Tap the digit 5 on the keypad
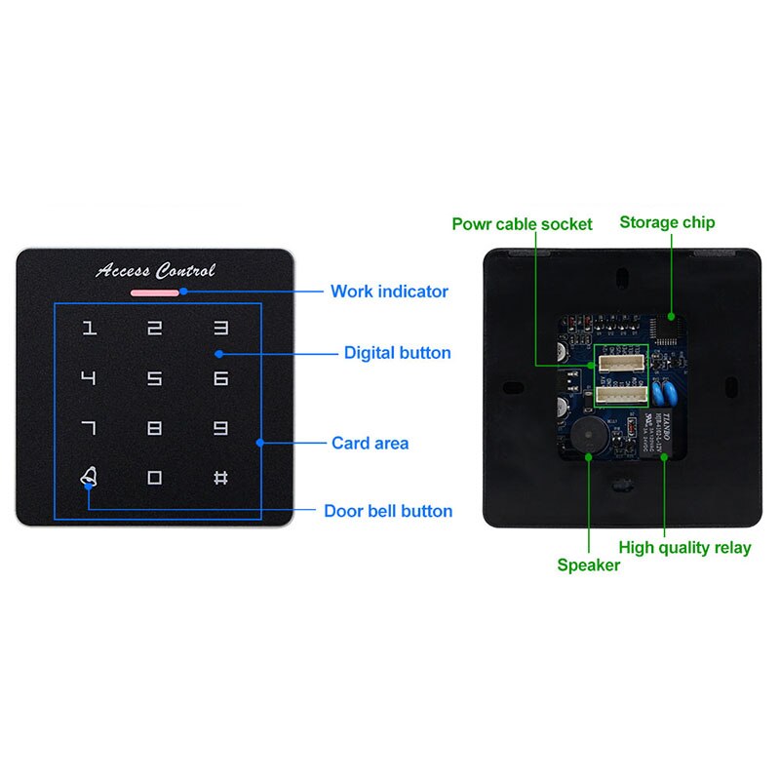[x=154, y=378]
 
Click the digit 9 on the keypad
[x=220, y=427]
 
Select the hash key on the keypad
[x=220, y=478]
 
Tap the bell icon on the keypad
[x=89, y=477]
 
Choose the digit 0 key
[x=154, y=478]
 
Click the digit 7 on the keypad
[x=89, y=427]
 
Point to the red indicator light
[x=154, y=291]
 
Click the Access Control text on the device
[x=155, y=270]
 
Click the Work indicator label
[x=389, y=291]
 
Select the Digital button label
[x=397, y=353]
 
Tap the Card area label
[x=370, y=443]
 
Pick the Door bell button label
[x=388, y=511]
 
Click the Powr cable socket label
[x=522, y=224]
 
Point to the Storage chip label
[x=667, y=222]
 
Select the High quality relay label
[x=684, y=547]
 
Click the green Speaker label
[x=588, y=565]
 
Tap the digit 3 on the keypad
[x=220, y=329]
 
